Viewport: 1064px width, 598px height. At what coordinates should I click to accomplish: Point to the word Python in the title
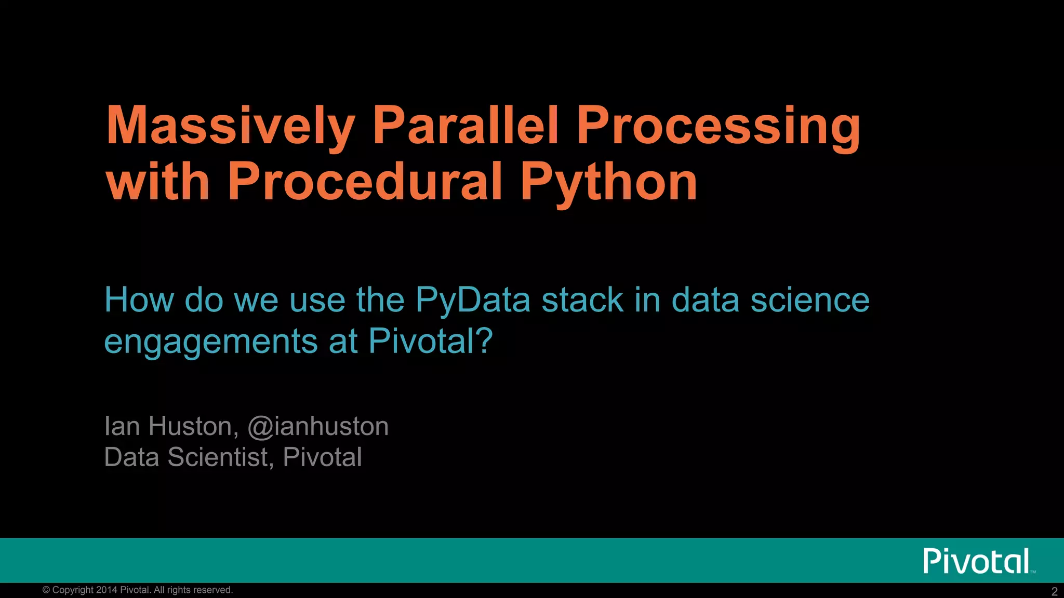(x=608, y=183)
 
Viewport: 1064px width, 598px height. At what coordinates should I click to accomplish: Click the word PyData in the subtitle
(x=473, y=301)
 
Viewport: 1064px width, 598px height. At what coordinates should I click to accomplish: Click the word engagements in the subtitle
(x=210, y=343)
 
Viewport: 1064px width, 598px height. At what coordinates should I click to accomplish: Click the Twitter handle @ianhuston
(x=318, y=427)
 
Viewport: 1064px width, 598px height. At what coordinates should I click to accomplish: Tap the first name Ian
(x=122, y=426)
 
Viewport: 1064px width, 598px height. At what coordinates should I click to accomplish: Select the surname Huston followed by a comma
(x=193, y=427)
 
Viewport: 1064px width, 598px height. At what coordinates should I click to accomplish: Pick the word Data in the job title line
(x=131, y=457)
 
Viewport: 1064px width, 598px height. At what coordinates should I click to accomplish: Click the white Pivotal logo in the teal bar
(x=977, y=561)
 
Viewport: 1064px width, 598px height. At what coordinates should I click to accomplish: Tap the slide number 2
(x=1054, y=591)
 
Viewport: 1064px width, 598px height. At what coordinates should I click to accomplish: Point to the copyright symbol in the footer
(x=46, y=590)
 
